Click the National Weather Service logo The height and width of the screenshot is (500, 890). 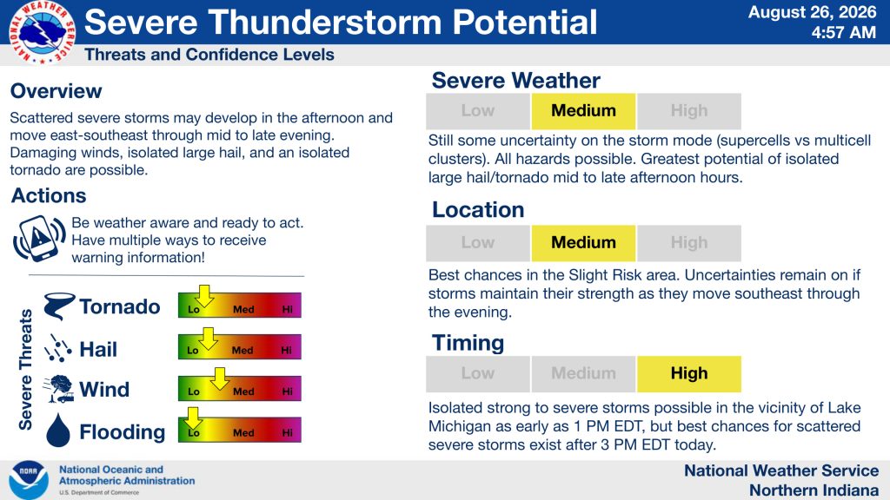pos(42,32)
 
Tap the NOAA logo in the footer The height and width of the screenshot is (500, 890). pos(29,479)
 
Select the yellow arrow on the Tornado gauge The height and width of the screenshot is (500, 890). pos(204,296)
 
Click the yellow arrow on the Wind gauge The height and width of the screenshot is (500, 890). pos(220,378)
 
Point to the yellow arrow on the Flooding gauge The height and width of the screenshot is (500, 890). pos(193,418)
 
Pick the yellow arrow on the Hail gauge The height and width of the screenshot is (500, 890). pos(209,339)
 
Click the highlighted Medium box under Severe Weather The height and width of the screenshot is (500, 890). pos(583,111)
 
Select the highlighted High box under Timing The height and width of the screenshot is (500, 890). pos(689,373)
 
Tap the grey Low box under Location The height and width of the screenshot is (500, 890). pos(478,243)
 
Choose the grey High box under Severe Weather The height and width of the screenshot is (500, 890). pos(689,111)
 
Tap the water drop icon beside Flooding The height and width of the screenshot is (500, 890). pos(58,431)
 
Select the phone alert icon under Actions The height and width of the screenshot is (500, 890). pos(39,239)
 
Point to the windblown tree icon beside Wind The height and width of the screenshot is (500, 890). pos(58,389)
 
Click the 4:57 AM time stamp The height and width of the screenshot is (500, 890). pos(843,33)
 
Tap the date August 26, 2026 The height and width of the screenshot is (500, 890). pos(813,12)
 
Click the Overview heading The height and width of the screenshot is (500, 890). pos(56,90)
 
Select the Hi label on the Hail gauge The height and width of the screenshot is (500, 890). pos(286,351)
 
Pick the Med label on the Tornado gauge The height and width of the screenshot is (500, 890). pos(243,310)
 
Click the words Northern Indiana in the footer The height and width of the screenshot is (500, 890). pos(814,490)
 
